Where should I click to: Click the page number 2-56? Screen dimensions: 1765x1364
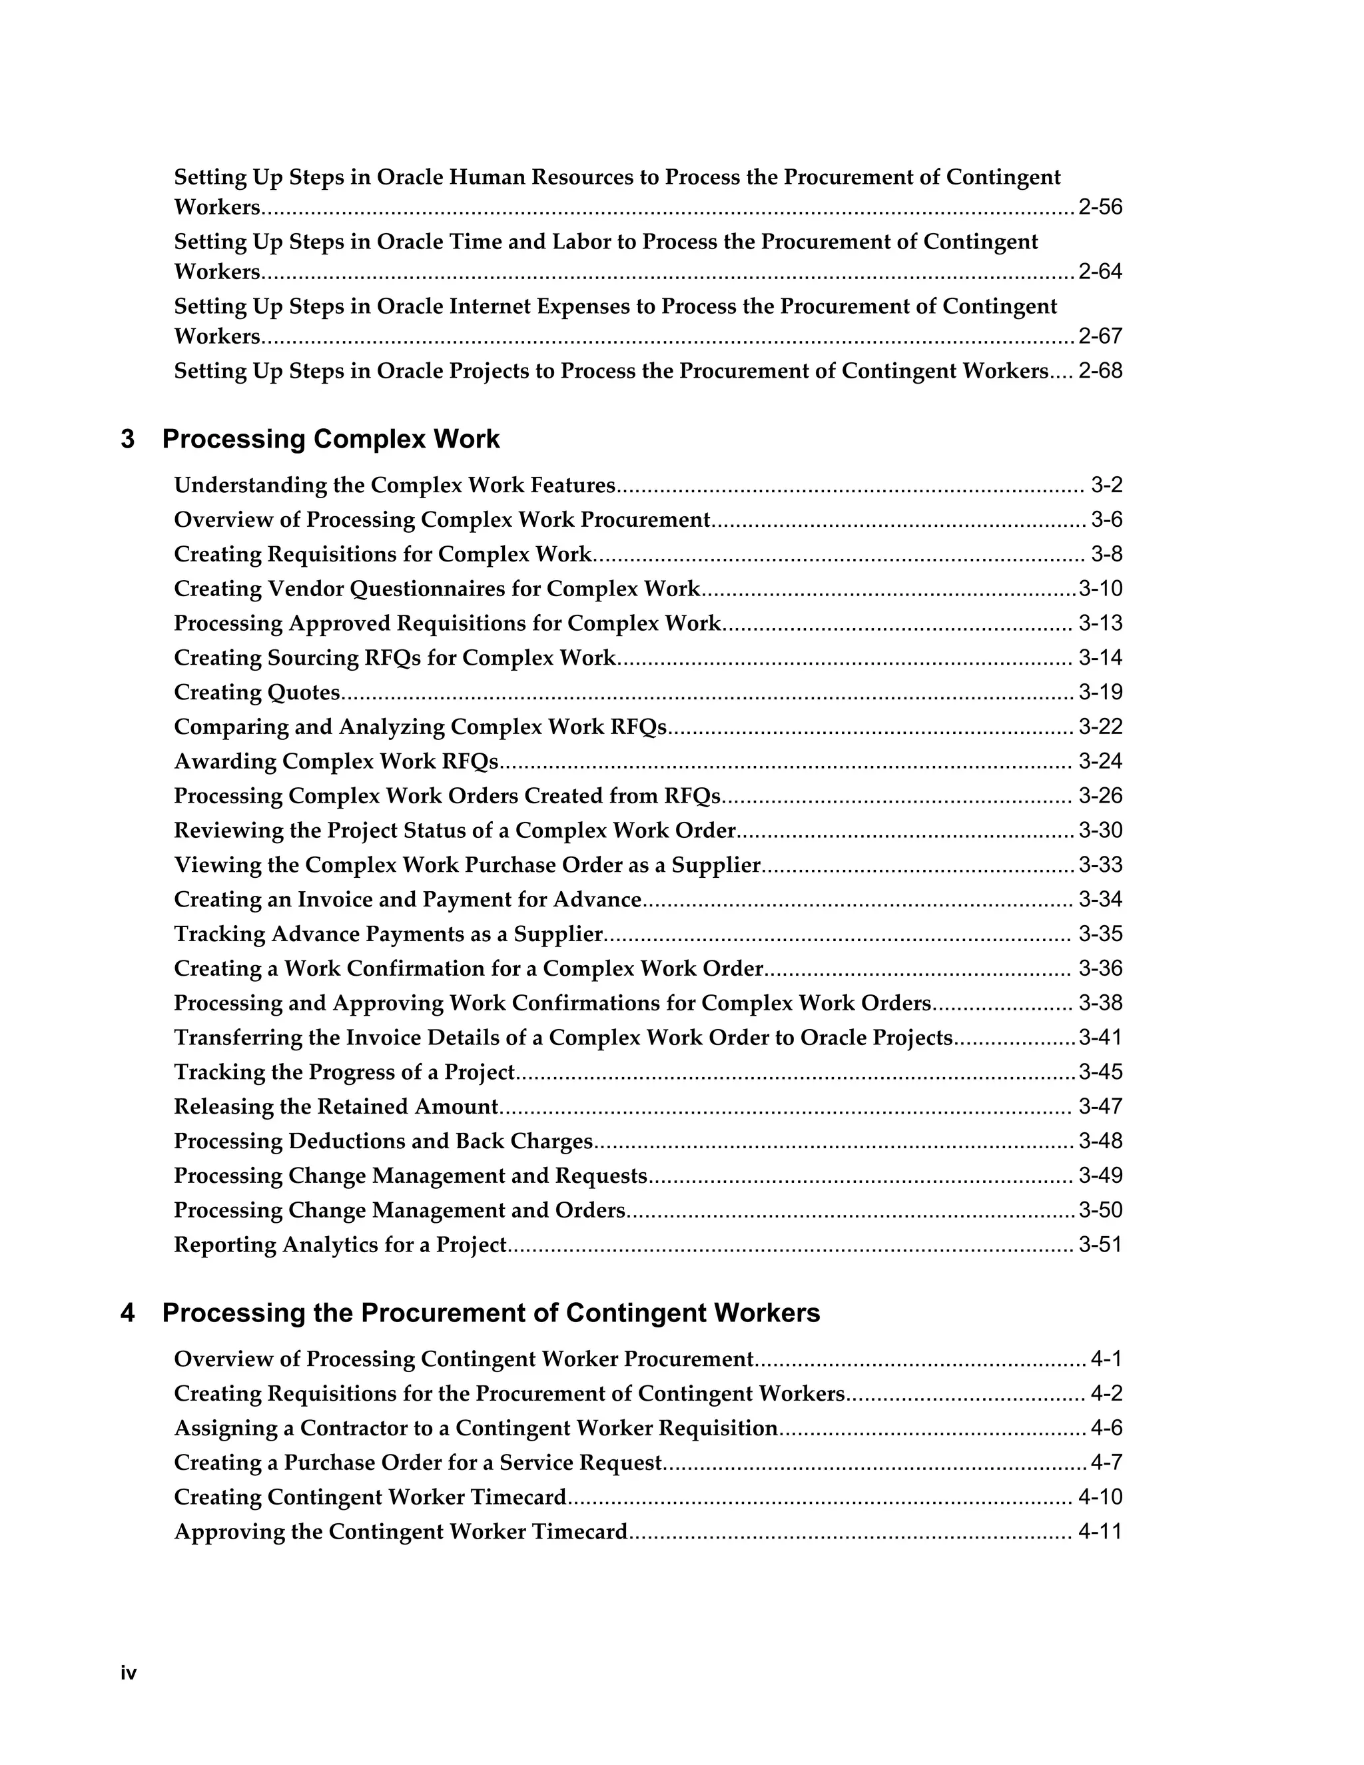[1100, 208]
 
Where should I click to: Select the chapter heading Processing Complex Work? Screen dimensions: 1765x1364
[330, 440]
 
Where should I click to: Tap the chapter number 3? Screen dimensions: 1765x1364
[128, 440]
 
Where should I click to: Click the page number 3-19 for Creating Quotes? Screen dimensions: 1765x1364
[1100, 693]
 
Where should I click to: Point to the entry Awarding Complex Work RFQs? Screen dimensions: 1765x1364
[336, 761]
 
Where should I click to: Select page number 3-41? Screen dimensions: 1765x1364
[1100, 1038]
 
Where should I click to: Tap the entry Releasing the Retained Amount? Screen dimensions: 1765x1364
[336, 1106]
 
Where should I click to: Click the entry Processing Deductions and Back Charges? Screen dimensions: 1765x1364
[383, 1141]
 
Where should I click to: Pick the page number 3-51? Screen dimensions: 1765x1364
[1100, 1245]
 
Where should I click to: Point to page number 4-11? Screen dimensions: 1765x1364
[1100, 1533]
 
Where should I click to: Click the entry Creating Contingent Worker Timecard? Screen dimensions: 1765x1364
[370, 1497]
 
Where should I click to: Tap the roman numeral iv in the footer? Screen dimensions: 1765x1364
[129, 1674]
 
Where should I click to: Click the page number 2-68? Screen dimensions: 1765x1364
[1100, 372]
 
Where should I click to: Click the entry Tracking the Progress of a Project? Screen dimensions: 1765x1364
[344, 1072]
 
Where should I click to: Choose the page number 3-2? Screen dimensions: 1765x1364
[1106, 486]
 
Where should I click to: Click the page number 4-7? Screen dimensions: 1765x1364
[1106, 1463]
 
